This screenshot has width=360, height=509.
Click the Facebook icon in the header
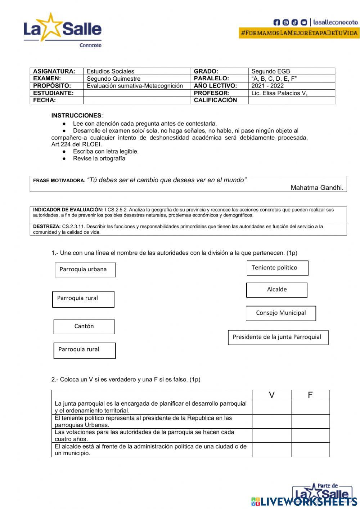tap(276, 22)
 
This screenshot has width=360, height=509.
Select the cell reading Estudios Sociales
tap(111, 71)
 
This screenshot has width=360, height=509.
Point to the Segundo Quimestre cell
tap(114, 79)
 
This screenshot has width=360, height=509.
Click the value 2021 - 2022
tap(267, 86)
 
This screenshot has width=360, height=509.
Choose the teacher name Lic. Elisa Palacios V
tap(279, 93)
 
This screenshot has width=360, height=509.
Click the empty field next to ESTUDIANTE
tap(137, 93)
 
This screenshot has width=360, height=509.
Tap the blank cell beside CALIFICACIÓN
tap(291, 100)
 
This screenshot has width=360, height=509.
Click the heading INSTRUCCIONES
tap(76, 116)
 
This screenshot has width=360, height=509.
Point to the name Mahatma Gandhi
tap(317, 188)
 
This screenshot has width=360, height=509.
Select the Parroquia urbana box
tap(85, 269)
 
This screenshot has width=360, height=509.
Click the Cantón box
tap(84, 326)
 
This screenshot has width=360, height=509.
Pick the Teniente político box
tap(277, 268)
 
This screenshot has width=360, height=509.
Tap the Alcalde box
tap(277, 290)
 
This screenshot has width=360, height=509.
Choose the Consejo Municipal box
tap(281, 313)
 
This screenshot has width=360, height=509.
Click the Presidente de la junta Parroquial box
tap(278, 337)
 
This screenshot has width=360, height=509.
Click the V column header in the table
tap(272, 395)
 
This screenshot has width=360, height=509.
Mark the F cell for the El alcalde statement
tap(310, 450)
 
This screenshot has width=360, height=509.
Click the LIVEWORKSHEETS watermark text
tap(310, 501)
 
